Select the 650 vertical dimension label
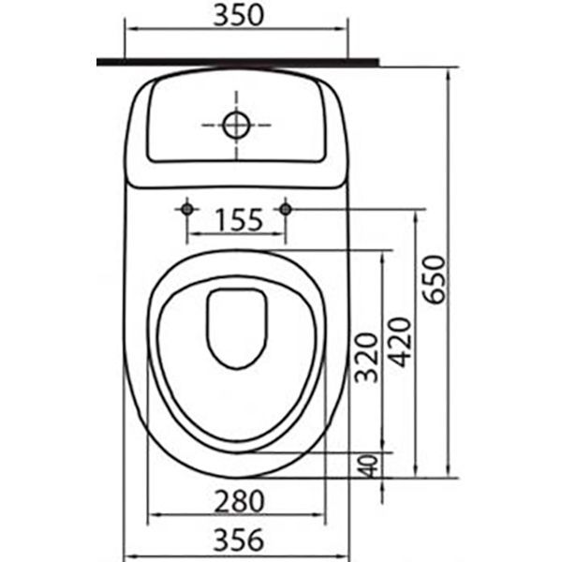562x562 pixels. (434, 278)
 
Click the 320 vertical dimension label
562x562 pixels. (368, 359)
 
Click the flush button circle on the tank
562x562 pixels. (235, 124)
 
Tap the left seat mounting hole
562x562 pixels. (187, 208)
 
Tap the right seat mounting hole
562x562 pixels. (286, 208)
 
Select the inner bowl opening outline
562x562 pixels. (236, 366)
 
